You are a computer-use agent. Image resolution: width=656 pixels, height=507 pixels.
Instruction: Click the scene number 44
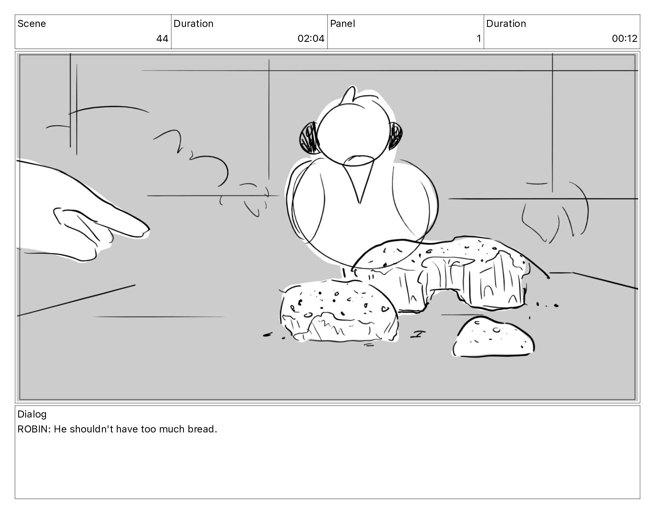tap(162, 39)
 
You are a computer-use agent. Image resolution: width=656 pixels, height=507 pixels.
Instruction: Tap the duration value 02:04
tap(311, 39)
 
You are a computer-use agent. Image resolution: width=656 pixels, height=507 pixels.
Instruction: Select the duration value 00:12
tap(624, 39)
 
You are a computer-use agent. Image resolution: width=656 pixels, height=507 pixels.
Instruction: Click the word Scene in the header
tap(32, 24)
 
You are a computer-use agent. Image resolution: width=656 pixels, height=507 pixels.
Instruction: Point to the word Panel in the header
tap(342, 24)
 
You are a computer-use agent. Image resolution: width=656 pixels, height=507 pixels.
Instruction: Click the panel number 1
tap(478, 39)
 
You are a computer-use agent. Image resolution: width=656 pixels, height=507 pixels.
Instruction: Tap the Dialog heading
tap(32, 414)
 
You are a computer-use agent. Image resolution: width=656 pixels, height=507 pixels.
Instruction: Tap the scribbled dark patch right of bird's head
tap(396, 135)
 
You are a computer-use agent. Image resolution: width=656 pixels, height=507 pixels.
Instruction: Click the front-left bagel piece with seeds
tap(339, 311)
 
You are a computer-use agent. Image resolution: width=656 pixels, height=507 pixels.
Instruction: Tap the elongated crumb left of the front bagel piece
tap(268, 335)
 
